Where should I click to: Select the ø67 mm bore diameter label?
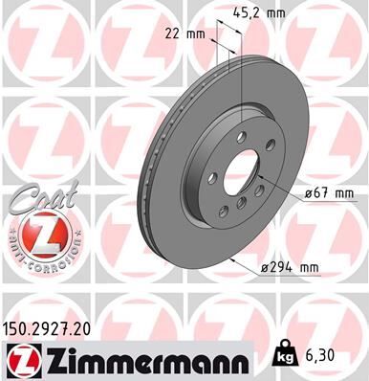click(330, 193)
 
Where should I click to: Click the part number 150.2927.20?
click(56, 326)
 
